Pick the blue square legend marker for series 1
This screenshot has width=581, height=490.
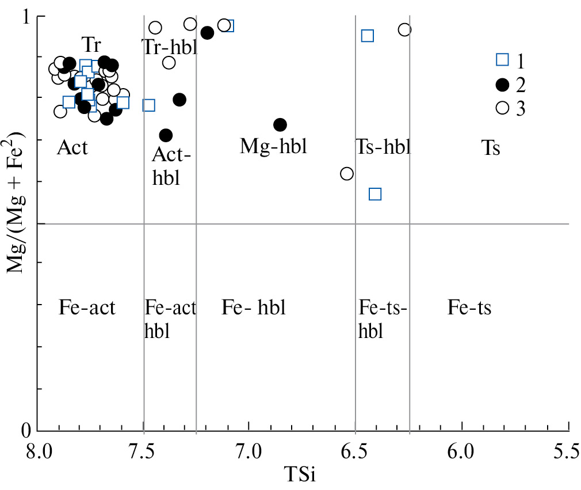tap(502, 59)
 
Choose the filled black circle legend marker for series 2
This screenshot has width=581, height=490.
tap(502, 85)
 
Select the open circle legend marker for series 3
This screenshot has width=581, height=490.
tap(502, 108)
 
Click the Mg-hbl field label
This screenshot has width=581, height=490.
tap(273, 147)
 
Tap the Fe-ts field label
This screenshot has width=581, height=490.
tap(469, 307)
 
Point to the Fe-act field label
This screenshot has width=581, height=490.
tap(87, 307)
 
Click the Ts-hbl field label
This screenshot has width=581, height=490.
tap(383, 147)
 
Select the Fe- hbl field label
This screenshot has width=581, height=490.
tap(253, 307)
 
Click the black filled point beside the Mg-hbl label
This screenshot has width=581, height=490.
tap(280, 125)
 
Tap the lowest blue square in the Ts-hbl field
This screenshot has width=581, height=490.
tap(375, 194)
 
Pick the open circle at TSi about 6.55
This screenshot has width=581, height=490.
tap(346, 173)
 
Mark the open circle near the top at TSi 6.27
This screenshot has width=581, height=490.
tap(404, 30)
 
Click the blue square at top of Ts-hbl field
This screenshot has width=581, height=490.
tap(368, 36)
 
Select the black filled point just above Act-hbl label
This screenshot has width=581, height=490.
tap(166, 135)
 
